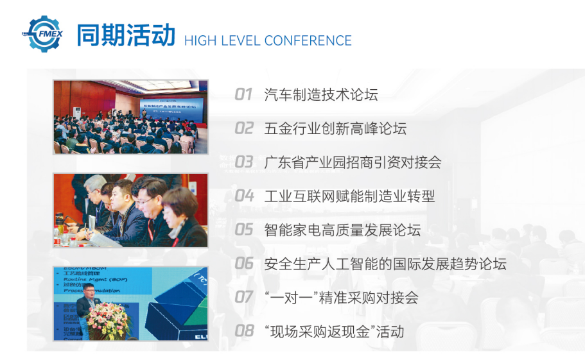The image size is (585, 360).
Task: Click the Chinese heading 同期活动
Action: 125,35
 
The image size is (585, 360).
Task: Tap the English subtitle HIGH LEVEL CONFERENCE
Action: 268,40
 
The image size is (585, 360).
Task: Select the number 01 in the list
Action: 243,95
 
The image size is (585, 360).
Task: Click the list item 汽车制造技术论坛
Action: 321,95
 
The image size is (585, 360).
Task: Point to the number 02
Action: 244,128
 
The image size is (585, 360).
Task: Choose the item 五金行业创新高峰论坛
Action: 335,128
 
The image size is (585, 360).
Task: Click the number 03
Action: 244,162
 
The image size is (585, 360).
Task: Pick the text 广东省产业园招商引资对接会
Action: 353,162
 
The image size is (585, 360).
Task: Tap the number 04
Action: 244,196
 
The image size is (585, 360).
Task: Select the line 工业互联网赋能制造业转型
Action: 349,196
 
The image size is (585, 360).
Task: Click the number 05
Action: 244,230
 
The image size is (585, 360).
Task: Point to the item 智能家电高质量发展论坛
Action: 342,230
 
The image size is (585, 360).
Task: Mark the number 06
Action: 244,263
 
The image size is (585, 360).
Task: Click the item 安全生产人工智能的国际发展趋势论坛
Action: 385,263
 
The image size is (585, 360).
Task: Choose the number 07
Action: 244,297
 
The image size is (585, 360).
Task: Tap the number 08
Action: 244,331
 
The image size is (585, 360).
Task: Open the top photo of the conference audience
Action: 130,117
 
